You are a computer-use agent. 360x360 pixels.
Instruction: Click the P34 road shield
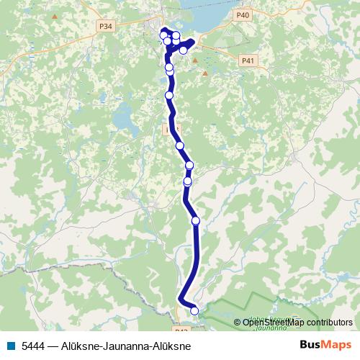click(106, 27)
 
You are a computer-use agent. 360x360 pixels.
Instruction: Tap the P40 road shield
click(243, 14)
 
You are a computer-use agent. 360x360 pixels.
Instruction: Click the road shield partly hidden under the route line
click(170, 129)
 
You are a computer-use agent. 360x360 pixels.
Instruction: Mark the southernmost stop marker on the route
click(194, 310)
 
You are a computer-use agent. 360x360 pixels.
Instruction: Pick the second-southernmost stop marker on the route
click(195, 220)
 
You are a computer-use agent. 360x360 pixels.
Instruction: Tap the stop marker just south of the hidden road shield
click(180, 145)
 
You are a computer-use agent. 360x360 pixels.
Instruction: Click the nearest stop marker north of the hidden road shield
click(169, 95)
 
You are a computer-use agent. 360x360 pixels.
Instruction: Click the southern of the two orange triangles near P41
click(205, 73)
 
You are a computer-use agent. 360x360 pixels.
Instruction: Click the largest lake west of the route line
click(124, 115)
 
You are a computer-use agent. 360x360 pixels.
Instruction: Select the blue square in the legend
click(10, 346)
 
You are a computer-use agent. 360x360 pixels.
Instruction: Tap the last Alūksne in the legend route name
click(172, 346)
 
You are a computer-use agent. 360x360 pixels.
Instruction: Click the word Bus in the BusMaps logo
click(312, 345)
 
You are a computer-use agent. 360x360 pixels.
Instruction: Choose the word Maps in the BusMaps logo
click(337, 345)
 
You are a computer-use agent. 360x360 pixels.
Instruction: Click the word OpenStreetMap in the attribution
click(272, 323)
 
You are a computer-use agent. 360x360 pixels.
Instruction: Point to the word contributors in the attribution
click(327, 323)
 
